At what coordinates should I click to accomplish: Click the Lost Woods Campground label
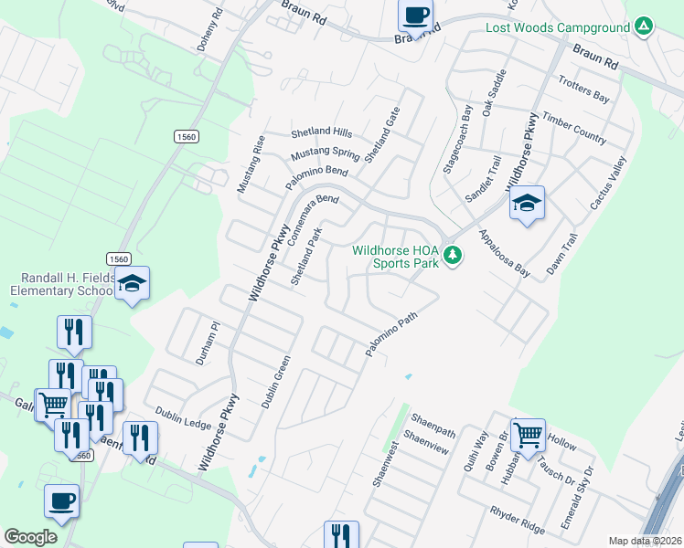coord(558,28)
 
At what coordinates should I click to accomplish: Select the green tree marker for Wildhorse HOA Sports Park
coord(452,256)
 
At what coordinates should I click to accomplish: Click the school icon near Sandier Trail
coord(527,204)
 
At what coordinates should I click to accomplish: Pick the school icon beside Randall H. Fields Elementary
coord(133,284)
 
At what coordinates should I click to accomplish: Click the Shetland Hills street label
coord(321,132)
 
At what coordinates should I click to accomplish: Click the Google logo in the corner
coord(30,537)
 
